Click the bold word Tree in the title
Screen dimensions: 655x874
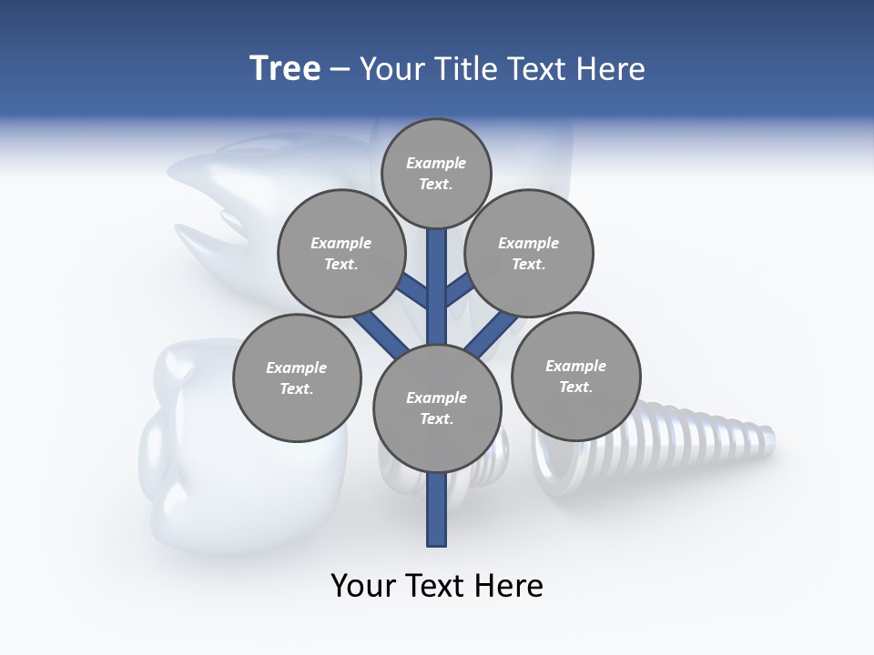[x=285, y=69]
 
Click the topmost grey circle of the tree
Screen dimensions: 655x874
[x=436, y=174]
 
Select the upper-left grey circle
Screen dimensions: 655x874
[x=340, y=254]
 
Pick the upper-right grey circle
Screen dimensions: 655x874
[x=529, y=254]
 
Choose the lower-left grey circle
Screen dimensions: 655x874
[x=297, y=378]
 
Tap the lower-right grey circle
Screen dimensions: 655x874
[x=575, y=377]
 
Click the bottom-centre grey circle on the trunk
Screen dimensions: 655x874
[x=437, y=408]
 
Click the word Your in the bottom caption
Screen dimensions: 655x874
[x=363, y=586]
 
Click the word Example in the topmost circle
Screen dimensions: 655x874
[x=436, y=164]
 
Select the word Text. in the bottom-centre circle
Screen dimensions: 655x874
[x=436, y=419]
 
